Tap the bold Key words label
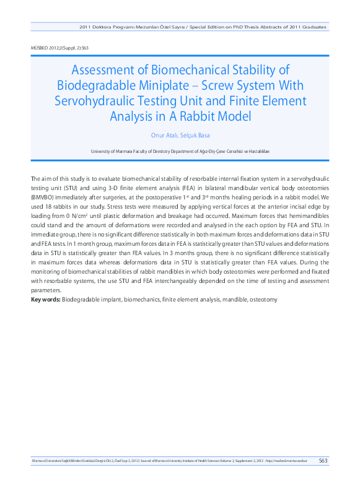coord(46,300)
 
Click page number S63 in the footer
coord(323,461)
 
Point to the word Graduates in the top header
coord(312,28)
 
